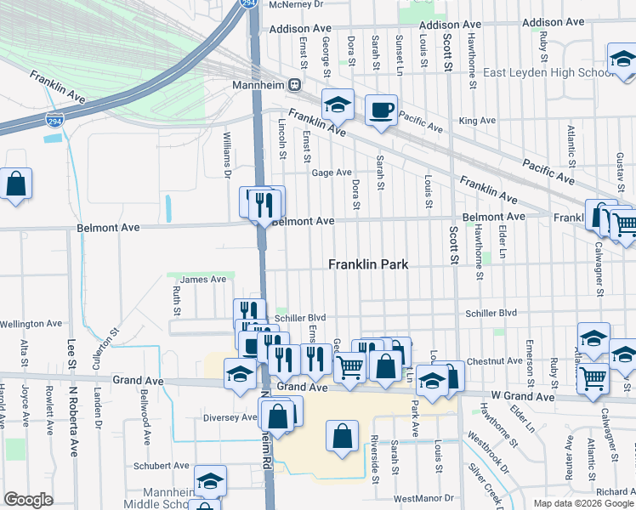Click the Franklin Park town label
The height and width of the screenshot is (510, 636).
point(368,264)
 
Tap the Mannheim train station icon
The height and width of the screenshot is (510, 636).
point(294,85)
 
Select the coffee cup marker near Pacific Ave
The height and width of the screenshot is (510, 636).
point(381,110)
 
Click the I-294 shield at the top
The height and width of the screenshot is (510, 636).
point(248,4)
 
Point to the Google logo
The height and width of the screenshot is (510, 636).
point(29,500)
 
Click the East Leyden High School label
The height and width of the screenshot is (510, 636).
point(548,73)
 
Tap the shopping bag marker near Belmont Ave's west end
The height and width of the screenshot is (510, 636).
point(16,184)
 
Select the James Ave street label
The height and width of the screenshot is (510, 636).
point(203,279)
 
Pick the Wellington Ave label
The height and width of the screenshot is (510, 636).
point(31,324)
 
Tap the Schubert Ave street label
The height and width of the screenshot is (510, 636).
point(161,466)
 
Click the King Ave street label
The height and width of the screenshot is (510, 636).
point(477,121)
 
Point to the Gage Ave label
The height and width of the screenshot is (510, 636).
point(332,173)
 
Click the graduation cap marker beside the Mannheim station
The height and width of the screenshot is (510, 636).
point(338,105)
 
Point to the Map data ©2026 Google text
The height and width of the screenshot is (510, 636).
point(583,503)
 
